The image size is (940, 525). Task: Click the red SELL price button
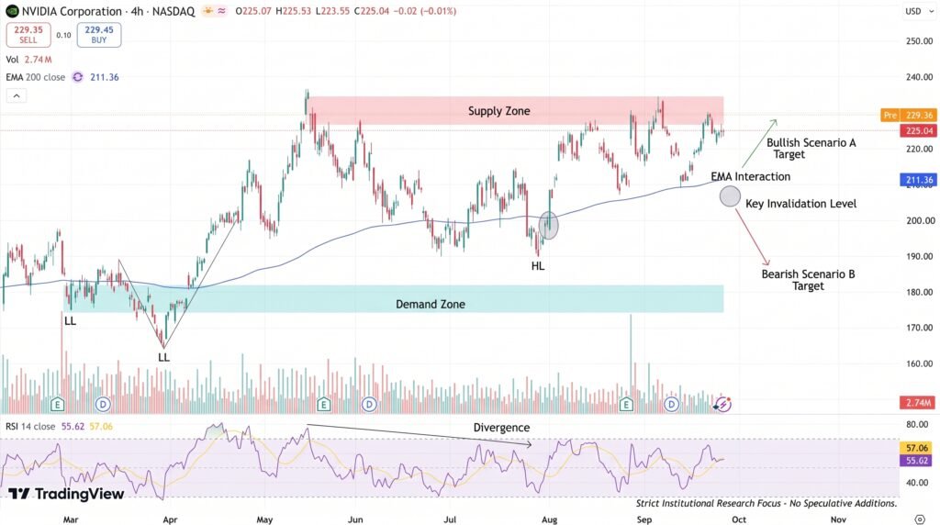[x=28, y=35]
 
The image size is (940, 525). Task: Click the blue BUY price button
[x=99, y=35]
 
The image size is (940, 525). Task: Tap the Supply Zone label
[x=498, y=111]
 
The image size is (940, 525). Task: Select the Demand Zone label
[x=431, y=304]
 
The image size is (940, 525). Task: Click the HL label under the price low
[x=538, y=265]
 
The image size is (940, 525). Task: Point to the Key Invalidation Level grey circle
[x=730, y=196]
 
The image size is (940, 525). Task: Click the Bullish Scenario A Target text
[x=811, y=148]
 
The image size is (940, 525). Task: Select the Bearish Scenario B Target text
[x=808, y=280]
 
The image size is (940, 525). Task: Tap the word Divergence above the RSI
[x=502, y=428]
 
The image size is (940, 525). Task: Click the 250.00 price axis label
[x=919, y=40]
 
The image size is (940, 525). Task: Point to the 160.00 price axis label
[x=919, y=363]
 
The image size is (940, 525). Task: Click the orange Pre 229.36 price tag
[x=908, y=115]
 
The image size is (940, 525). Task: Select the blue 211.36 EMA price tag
[x=918, y=180]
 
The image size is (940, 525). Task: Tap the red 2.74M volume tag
[x=918, y=403]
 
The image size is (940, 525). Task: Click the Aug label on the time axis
[x=549, y=519]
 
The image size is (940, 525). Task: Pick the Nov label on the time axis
[x=838, y=519]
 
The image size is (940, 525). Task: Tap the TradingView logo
[x=66, y=494]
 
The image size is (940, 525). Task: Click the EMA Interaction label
[x=751, y=176]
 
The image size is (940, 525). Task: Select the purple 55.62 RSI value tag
[x=917, y=460]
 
